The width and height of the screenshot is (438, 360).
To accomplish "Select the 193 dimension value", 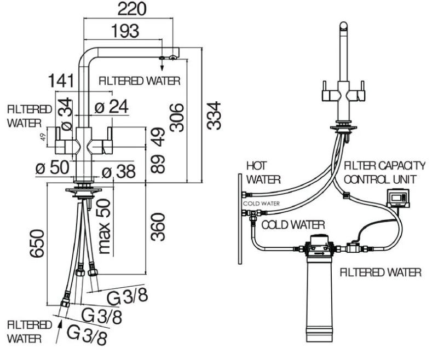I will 125,32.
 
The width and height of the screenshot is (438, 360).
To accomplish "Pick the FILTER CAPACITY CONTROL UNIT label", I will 383,172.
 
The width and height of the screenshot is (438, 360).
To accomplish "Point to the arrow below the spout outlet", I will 162,65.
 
